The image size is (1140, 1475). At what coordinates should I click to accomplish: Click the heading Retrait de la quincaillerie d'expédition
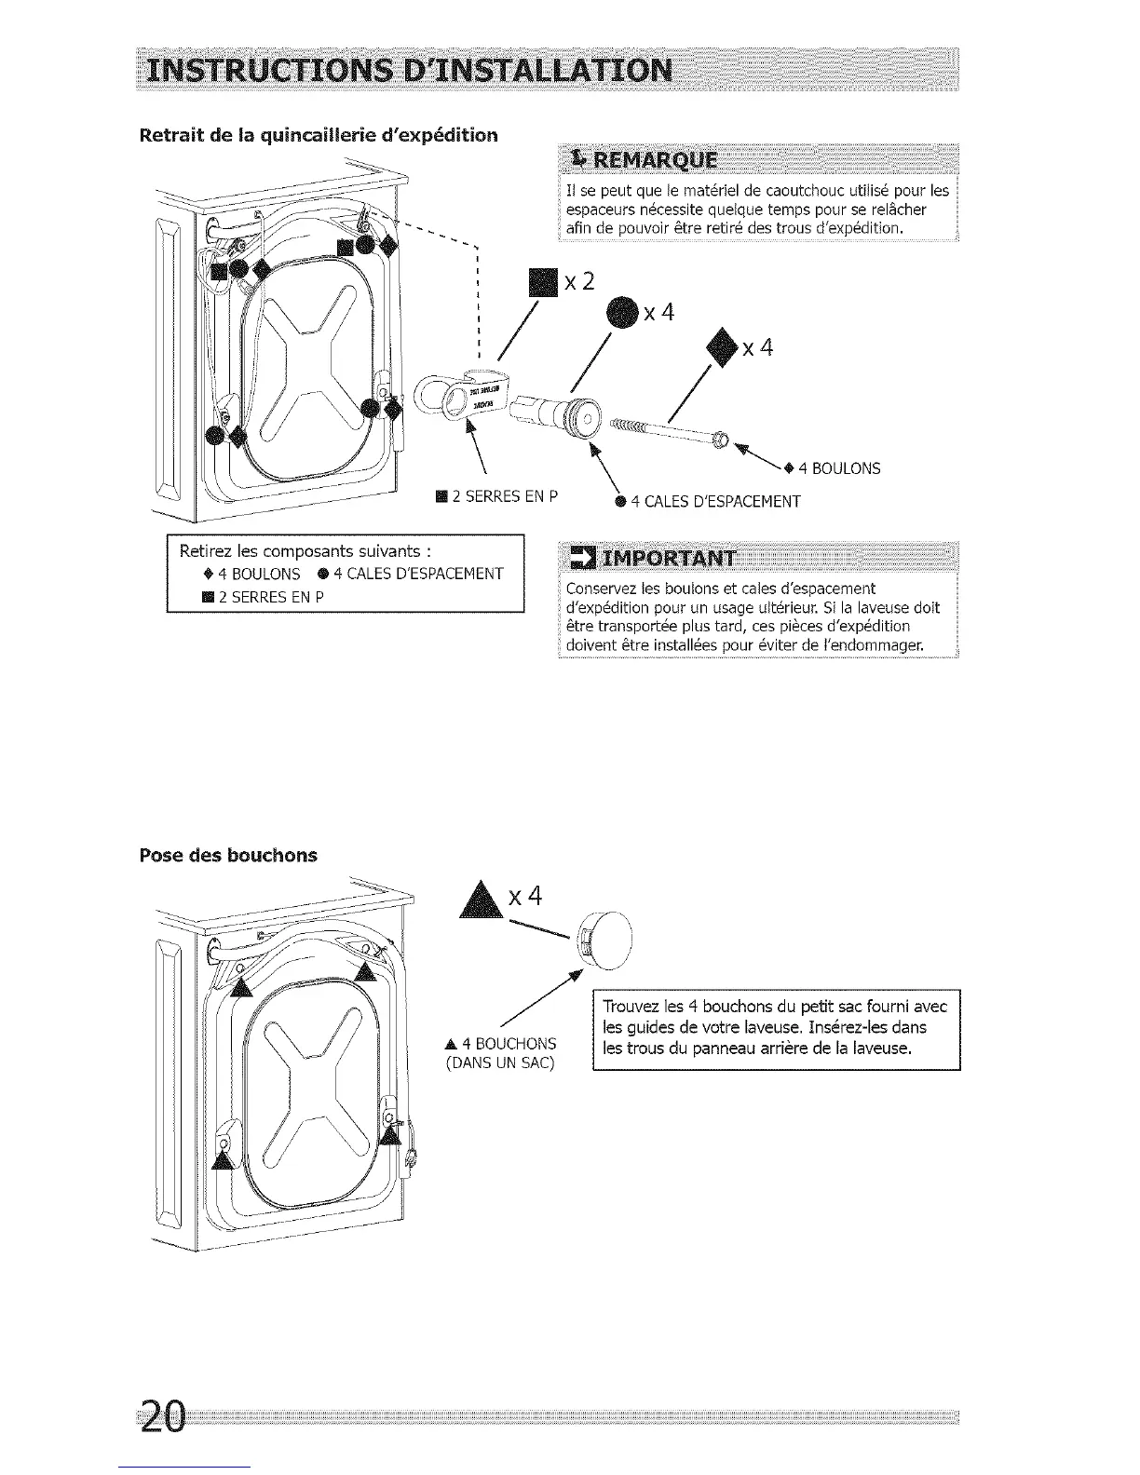point(319,136)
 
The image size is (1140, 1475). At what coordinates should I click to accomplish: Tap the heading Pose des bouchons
point(227,855)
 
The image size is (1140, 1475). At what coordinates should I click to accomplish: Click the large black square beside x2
point(541,280)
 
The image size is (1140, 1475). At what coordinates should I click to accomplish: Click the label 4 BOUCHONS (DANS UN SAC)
point(501,1053)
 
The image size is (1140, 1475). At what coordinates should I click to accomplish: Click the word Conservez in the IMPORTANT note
point(600,589)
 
